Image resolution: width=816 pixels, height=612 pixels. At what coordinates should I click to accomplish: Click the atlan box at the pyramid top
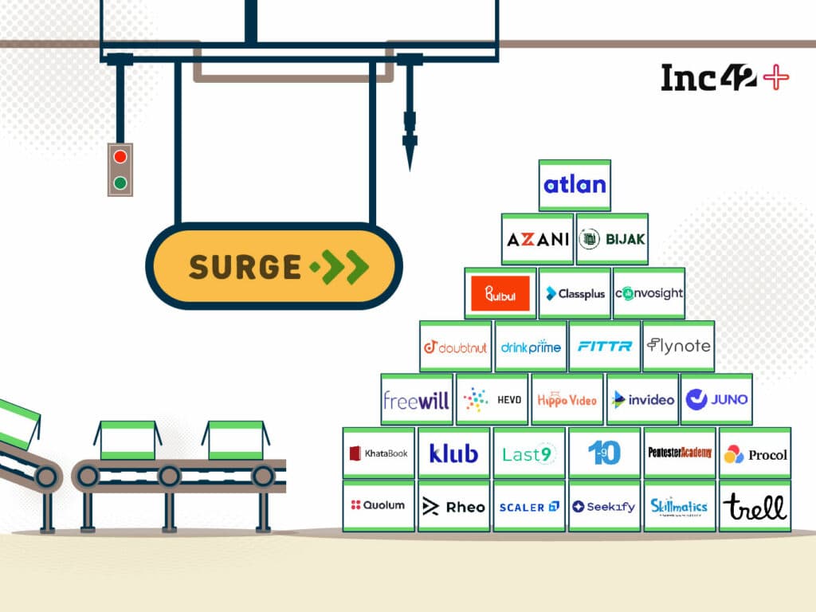point(575,186)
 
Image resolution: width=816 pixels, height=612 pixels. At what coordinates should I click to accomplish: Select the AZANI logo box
point(537,239)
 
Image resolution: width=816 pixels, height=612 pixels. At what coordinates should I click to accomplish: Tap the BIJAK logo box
point(612,239)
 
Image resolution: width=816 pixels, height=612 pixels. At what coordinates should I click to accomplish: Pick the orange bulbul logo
point(500,293)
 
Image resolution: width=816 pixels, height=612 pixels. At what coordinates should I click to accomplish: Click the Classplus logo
point(575,293)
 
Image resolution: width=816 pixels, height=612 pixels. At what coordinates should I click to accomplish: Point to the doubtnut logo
point(455,347)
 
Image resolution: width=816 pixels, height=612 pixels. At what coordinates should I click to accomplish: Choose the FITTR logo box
point(604,347)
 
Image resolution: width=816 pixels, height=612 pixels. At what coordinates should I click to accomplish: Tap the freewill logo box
point(416,400)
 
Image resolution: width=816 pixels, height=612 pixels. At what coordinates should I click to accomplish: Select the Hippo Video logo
point(567,400)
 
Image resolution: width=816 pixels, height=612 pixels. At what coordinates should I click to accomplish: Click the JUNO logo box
point(716,400)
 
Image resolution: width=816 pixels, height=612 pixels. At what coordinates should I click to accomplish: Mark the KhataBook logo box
point(379,453)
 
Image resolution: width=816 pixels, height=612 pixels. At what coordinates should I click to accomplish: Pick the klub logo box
point(453,453)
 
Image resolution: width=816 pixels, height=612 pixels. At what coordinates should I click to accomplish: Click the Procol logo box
point(755,454)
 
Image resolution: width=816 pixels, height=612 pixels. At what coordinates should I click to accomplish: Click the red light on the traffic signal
point(120,157)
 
